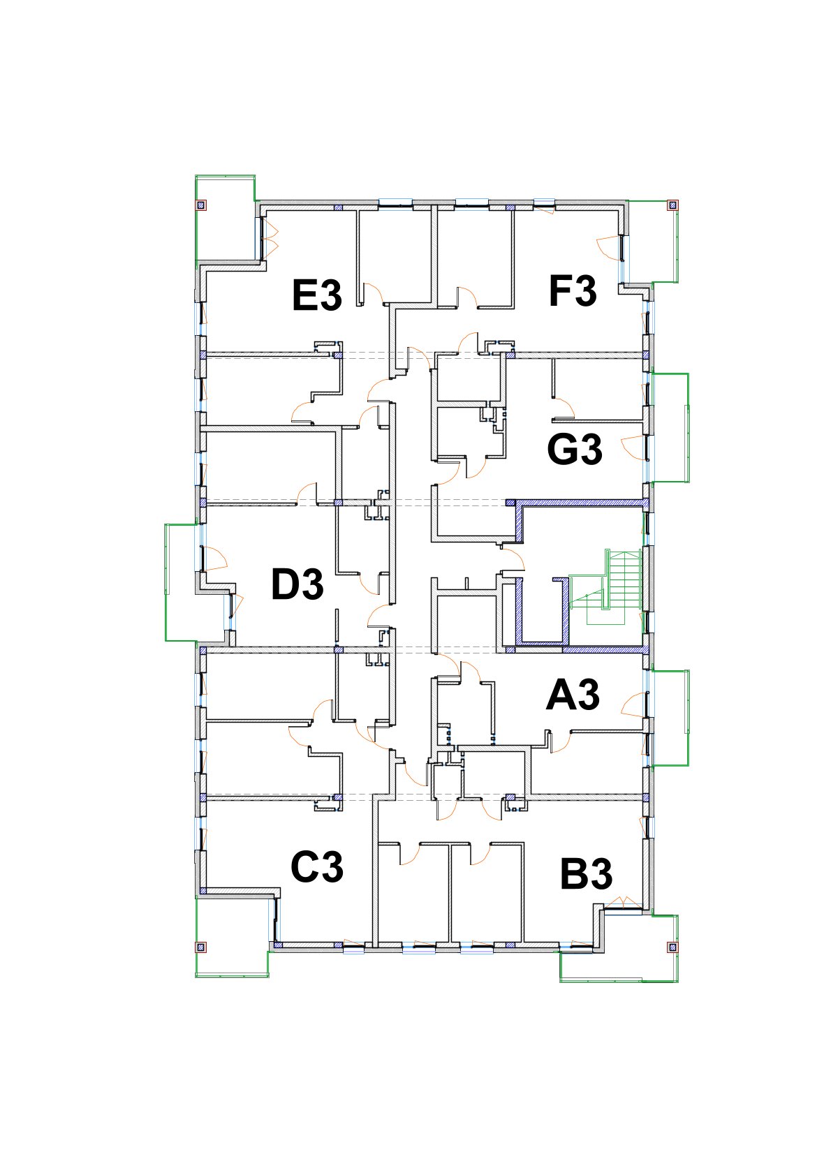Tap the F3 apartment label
pyautogui.click(x=573, y=291)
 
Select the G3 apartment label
pyautogui.click(x=575, y=449)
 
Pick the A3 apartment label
pyautogui.click(x=573, y=695)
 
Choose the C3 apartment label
pyautogui.click(x=317, y=867)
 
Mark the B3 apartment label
pyautogui.click(x=586, y=874)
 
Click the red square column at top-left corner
pyautogui.click(x=200, y=205)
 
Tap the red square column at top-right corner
pyautogui.click(x=672, y=205)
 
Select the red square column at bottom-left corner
pyautogui.click(x=200, y=947)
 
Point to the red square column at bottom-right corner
pyautogui.click(x=672, y=947)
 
